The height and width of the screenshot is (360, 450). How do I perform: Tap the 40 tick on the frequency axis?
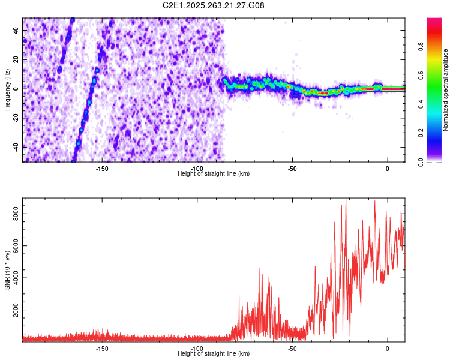point(17,31)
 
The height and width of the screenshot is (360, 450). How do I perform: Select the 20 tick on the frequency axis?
point(17,60)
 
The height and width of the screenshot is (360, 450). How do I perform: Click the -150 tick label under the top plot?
point(101,168)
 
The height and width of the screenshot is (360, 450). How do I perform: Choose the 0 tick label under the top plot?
point(387,168)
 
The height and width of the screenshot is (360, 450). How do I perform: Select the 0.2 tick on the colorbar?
point(437,133)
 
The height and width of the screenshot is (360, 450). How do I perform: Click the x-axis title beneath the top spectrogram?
point(214,173)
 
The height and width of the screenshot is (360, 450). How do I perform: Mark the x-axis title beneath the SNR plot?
point(214,354)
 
